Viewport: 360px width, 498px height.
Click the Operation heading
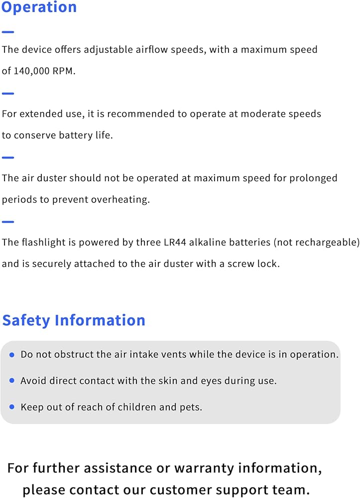click(x=39, y=7)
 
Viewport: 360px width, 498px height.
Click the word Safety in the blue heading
click(x=26, y=320)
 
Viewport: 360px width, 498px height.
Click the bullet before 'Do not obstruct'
click(x=11, y=355)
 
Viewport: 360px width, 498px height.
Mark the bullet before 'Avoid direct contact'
click(x=11, y=380)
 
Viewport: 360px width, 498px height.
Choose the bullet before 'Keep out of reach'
click(x=11, y=407)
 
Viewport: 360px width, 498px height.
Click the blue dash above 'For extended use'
click(x=7, y=93)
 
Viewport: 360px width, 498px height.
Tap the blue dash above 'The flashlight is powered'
click(x=7, y=222)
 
